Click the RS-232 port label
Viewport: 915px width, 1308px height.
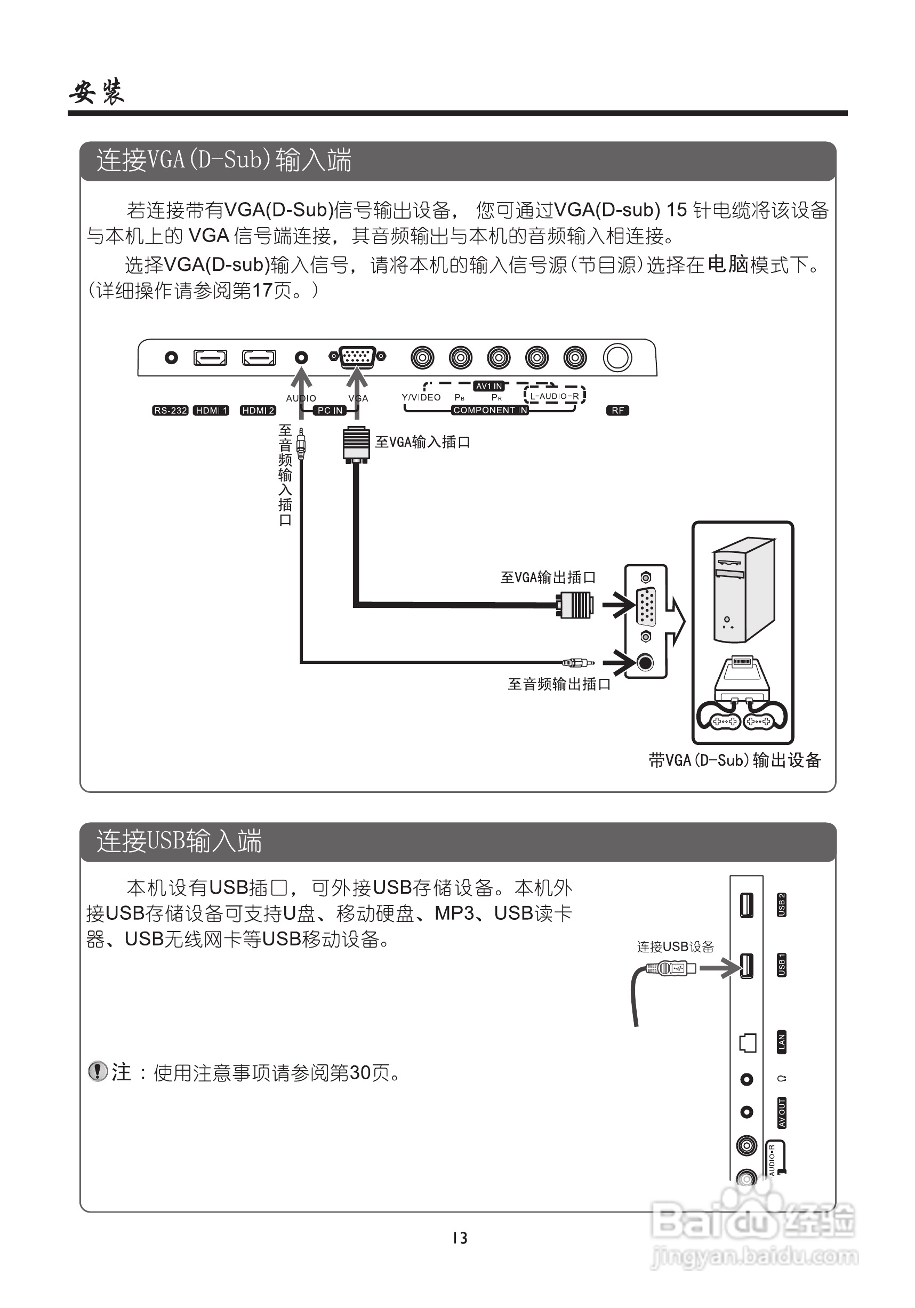click(x=170, y=410)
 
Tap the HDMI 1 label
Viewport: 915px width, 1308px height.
click(x=211, y=410)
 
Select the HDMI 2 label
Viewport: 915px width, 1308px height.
click(x=258, y=410)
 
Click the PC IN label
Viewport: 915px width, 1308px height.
click(x=330, y=410)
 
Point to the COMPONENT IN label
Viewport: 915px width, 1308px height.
click(x=490, y=410)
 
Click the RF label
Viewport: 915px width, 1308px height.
click(x=617, y=410)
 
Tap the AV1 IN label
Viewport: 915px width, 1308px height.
click(x=489, y=386)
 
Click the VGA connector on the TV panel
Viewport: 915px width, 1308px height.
click(x=357, y=357)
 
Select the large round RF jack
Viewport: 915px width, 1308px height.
click(x=617, y=358)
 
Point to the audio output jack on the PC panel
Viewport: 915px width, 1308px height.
click(x=645, y=663)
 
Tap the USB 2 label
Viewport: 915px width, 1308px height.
click(x=782, y=905)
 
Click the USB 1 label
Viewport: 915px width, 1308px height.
click(x=782, y=965)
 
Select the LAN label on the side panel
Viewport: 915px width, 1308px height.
click(x=782, y=1041)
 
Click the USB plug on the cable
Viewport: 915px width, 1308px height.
click(x=672, y=968)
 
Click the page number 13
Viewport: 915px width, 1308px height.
click(x=460, y=1238)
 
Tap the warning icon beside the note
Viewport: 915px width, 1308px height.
click(x=98, y=1071)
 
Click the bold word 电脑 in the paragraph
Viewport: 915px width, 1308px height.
click(x=727, y=264)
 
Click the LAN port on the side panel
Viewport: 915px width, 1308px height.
click(x=747, y=1042)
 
